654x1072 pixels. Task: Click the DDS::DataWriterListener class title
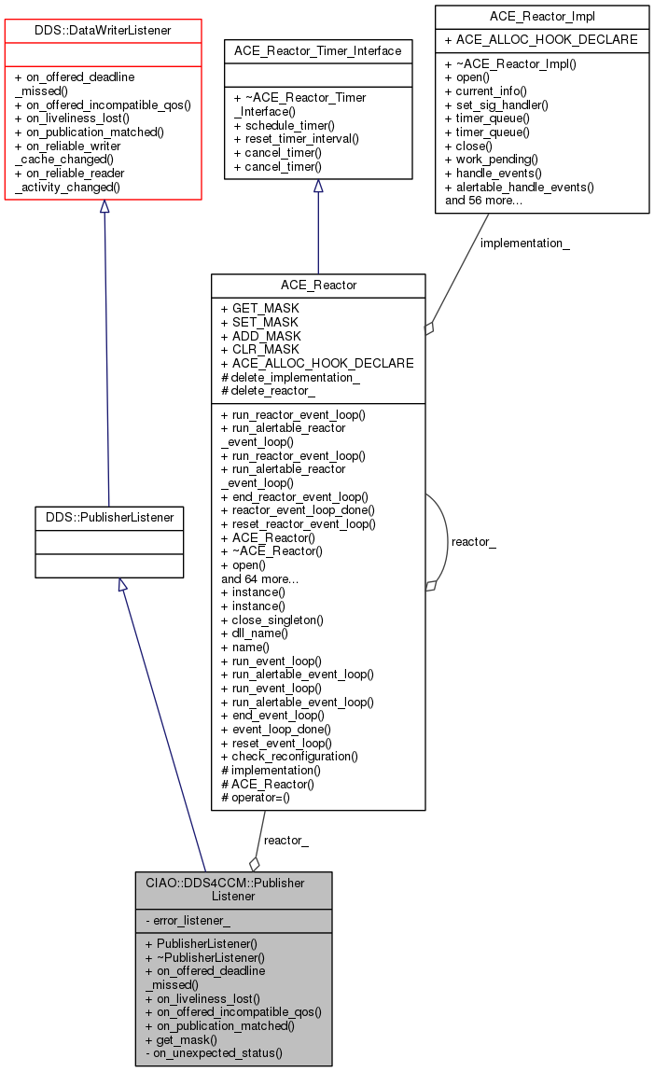tap(104, 31)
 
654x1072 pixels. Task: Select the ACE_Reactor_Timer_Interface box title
tap(318, 50)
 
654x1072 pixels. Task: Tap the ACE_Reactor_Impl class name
tap(541, 16)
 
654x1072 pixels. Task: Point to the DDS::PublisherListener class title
tap(109, 516)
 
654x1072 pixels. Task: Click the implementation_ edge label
tap(524, 244)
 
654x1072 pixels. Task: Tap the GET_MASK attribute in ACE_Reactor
tap(259, 308)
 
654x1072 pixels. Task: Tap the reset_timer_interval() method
tap(288, 139)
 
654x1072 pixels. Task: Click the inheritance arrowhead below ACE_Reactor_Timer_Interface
tap(318, 187)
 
